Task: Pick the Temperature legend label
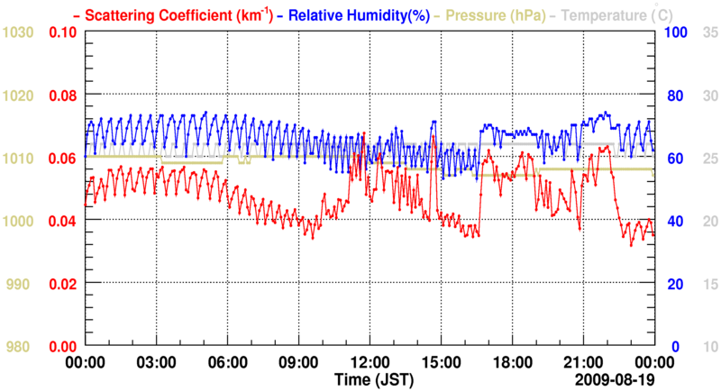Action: coord(613,14)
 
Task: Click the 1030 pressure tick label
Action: coord(19,32)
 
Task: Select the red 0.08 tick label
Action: coord(62,95)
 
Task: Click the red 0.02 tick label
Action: coord(62,284)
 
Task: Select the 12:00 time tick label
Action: coord(370,362)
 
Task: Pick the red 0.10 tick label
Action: coord(62,32)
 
